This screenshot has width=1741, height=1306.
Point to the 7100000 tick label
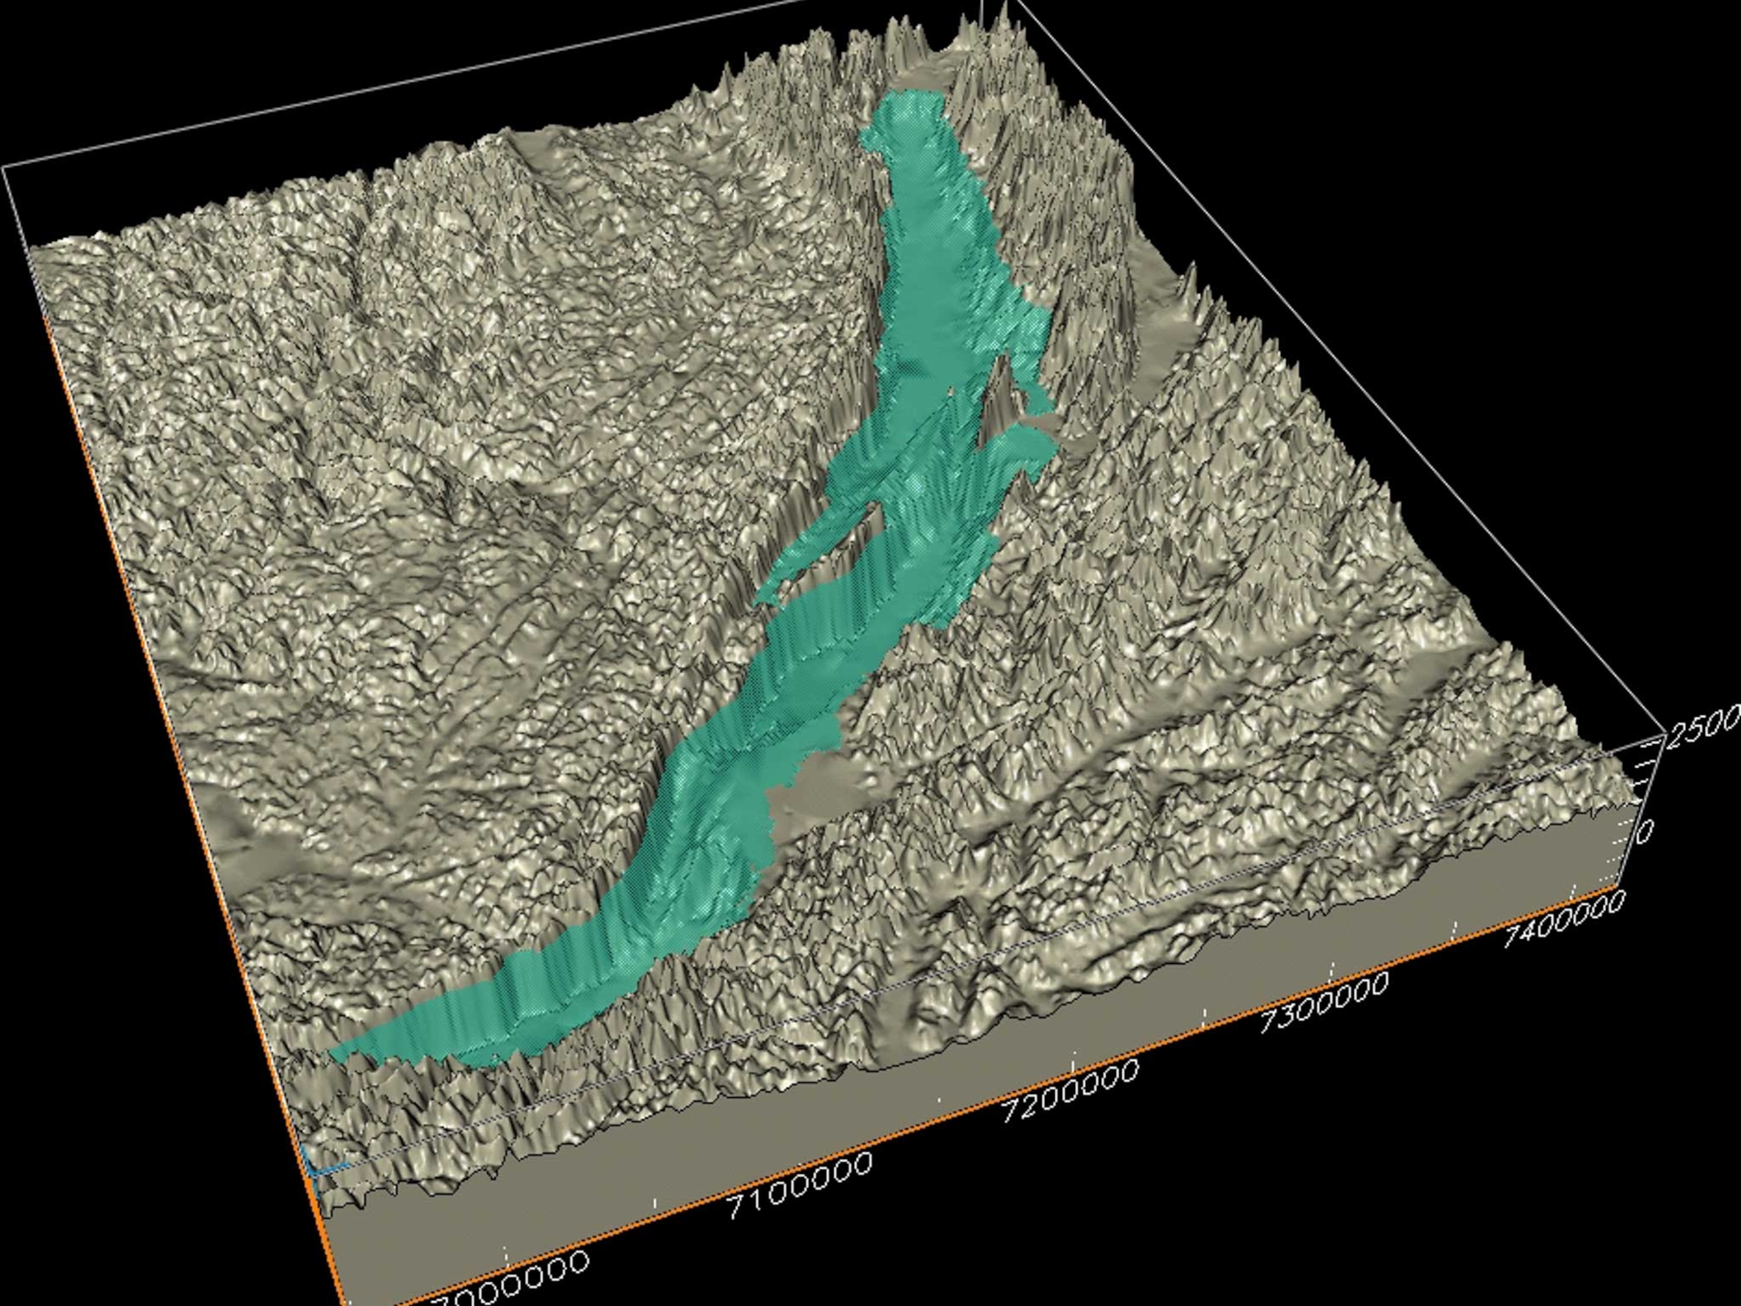pyautogui.click(x=800, y=1186)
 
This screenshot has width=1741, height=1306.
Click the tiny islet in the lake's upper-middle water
pyautogui.click(x=952, y=389)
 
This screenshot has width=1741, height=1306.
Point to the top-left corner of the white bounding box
pyautogui.click(x=4, y=167)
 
